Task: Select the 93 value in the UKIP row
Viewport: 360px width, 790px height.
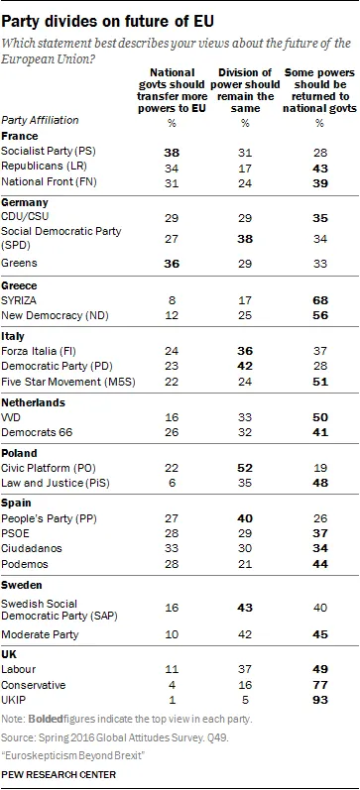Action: [x=319, y=700]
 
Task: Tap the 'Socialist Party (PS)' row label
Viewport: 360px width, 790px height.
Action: [x=49, y=152]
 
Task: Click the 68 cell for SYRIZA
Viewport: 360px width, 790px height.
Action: [x=319, y=300]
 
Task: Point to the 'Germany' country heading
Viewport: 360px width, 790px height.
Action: [x=25, y=202]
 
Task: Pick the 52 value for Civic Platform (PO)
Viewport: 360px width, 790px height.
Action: [x=246, y=468]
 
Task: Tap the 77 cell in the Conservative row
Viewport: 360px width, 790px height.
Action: [x=319, y=685]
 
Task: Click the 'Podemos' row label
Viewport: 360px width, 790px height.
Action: [x=25, y=564]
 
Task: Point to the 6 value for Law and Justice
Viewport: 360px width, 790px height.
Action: [x=173, y=483]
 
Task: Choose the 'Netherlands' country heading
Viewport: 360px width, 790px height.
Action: [x=33, y=403]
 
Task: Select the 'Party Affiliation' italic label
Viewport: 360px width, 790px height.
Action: [x=41, y=120]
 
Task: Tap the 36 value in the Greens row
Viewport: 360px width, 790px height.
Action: [x=173, y=264]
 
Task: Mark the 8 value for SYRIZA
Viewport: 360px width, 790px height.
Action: [x=173, y=300]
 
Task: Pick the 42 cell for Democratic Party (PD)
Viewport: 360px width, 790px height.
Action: [x=246, y=368]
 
